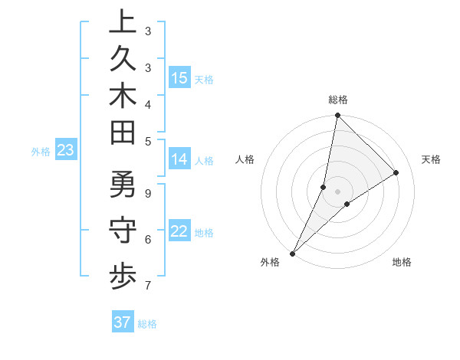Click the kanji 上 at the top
pyautogui.click(x=122, y=23)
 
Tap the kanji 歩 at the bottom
pyautogui.click(x=122, y=277)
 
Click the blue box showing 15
pyautogui.click(x=179, y=78)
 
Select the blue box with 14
pyautogui.click(x=179, y=159)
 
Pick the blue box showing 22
pyautogui.click(x=179, y=232)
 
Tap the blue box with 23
pyautogui.click(x=65, y=151)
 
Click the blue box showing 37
pyautogui.click(x=122, y=322)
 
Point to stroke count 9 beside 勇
pyautogui.click(x=147, y=192)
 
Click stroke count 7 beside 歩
pyautogui.click(x=147, y=286)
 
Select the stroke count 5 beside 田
pyautogui.click(x=147, y=140)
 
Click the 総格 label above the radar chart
pyautogui.click(x=337, y=100)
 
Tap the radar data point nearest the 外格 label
pyautogui.click(x=292, y=254)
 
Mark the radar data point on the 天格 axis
pyautogui.click(x=396, y=172)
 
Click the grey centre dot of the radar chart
pyautogui.click(x=337, y=191)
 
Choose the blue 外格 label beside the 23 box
pyautogui.click(x=41, y=152)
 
